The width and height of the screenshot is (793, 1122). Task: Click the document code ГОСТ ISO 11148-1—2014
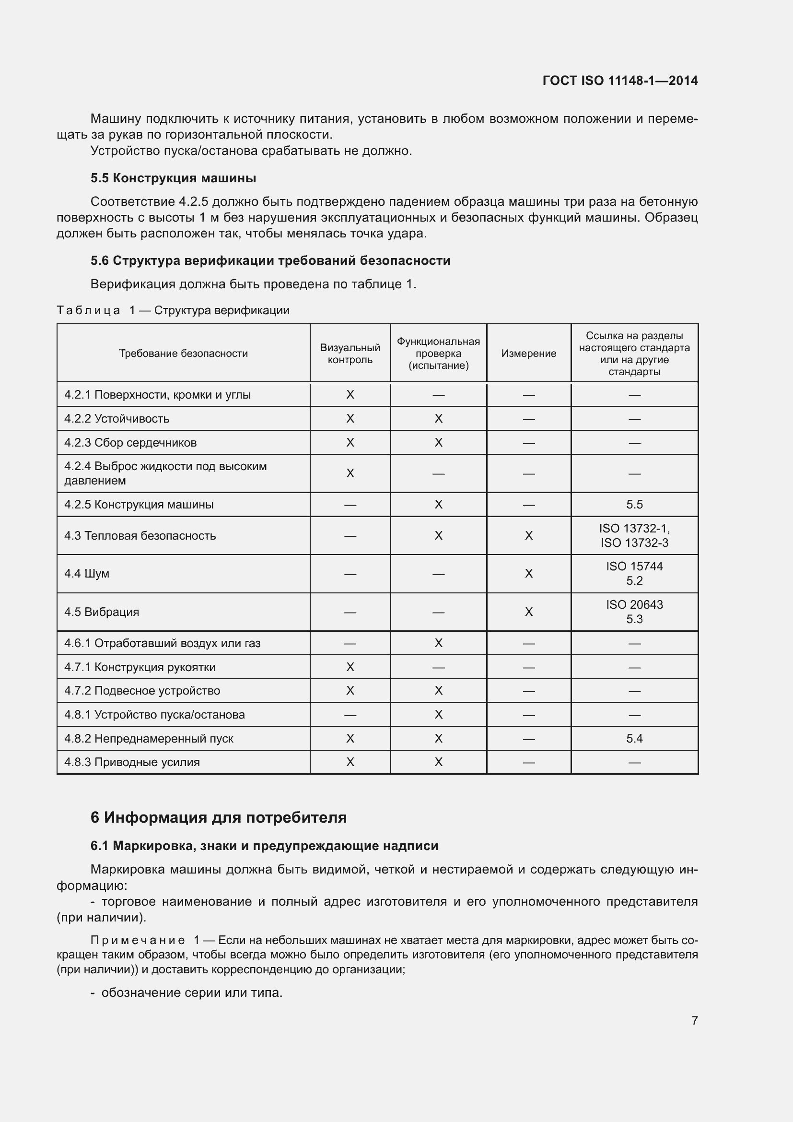[x=619, y=81]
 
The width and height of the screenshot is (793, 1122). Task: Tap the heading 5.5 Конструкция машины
[x=174, y=178]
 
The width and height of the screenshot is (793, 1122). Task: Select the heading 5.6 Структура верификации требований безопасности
[x=270, y=260]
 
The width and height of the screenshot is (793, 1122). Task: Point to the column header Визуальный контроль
[x=350, y=354]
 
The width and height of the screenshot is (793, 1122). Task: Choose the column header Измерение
[x=528, y=354]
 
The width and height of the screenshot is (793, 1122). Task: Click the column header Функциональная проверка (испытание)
[x=438, y=354]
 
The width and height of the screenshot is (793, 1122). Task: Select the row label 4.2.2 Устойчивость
[x=117, y=419]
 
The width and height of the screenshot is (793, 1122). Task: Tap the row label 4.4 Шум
[x=87, y=573]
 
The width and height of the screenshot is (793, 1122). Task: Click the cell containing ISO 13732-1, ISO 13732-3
[x=634, y=536]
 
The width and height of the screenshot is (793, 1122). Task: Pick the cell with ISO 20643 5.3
[x=634, y=612]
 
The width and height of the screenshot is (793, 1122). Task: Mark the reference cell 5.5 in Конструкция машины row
[x=634, y=504]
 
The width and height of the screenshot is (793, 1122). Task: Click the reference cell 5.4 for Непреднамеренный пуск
[x=634, y=738]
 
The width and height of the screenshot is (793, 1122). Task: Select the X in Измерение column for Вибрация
[x=528, y=612]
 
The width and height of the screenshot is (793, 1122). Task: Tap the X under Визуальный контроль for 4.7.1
[x=350, y=667]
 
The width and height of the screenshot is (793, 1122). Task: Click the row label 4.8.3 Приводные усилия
[x=132, y=762]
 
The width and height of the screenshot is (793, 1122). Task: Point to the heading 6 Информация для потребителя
[x=218, y=817]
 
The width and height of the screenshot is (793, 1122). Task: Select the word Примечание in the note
[x=137, y=940]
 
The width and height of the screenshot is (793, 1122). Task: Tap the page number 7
[x=694, y=1020]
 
